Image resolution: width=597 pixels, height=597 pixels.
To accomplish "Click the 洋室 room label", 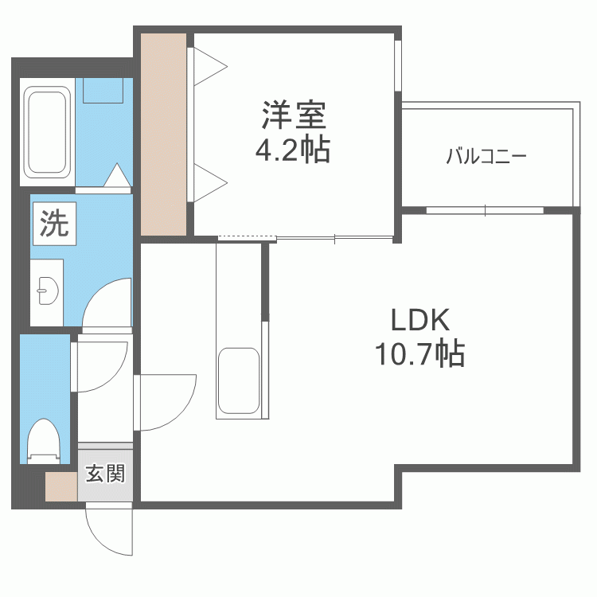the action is point(294,115).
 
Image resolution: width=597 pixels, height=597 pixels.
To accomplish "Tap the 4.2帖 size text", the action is point(292,150).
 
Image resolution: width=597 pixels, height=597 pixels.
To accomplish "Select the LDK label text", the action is point(420,320).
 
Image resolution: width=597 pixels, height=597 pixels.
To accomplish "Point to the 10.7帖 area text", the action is point(419,353).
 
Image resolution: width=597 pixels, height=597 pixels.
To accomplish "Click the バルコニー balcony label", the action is point(486,156).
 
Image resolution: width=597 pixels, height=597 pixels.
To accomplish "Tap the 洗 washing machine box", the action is point(54,224).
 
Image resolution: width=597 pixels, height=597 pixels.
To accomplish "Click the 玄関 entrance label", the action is point(105,474).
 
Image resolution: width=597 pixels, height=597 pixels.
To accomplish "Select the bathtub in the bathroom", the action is point(47,132).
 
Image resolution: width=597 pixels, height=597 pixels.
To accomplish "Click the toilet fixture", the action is point(45,441).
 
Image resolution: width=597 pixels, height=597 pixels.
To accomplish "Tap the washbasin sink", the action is point(48,291).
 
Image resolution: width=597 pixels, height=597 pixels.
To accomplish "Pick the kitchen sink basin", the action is point(239,380).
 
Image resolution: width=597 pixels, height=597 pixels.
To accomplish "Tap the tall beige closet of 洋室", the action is point(164,135).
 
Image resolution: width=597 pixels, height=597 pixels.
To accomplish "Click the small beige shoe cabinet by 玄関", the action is point(61,486).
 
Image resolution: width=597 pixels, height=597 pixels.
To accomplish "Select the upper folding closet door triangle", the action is point(210,66).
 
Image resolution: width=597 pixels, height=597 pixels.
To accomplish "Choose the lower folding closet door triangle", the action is point(210,183).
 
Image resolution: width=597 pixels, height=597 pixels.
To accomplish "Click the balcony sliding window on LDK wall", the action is point(485,210).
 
